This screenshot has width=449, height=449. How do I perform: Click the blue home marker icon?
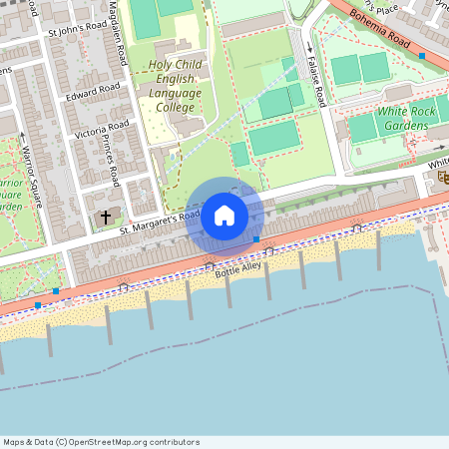224,215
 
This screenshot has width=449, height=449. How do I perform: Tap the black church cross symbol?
106,217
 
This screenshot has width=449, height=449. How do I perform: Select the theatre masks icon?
441,176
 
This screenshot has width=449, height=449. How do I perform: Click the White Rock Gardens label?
404,119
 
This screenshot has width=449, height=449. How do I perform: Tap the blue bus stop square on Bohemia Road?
422,56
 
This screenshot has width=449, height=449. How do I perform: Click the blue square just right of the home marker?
256,239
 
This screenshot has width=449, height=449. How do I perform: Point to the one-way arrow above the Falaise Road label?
309,47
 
